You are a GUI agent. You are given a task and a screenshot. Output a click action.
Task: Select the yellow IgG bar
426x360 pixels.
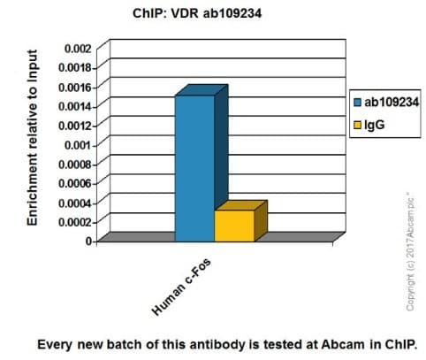click(233, 225)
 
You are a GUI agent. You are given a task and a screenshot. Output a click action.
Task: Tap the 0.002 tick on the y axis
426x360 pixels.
click(77, 47)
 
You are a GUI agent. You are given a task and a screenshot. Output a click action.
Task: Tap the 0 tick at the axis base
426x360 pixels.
click(88, 241)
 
